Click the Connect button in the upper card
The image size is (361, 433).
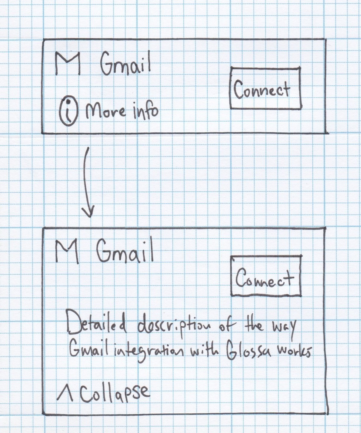click(265, 88)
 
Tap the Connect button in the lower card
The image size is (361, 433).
click(266, 276)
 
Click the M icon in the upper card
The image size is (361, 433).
click(67, 63)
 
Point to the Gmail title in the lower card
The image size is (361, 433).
click(125, 252)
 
